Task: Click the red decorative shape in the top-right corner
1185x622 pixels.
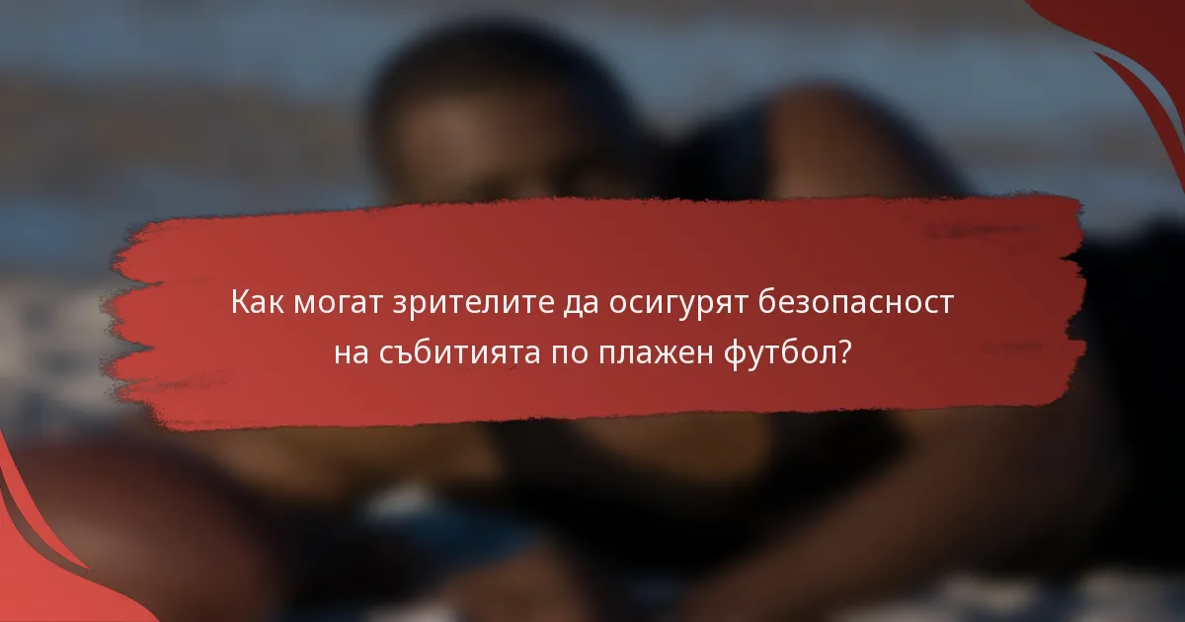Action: tap(1136, 49)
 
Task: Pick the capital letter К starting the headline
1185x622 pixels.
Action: tap(240, 302)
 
